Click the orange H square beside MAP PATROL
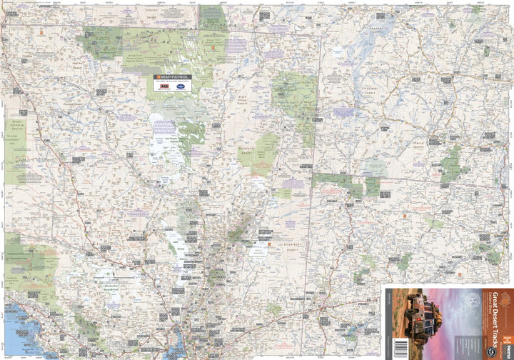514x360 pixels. click(x=157, y=77)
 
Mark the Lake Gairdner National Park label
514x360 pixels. click(x=109, y=287)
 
